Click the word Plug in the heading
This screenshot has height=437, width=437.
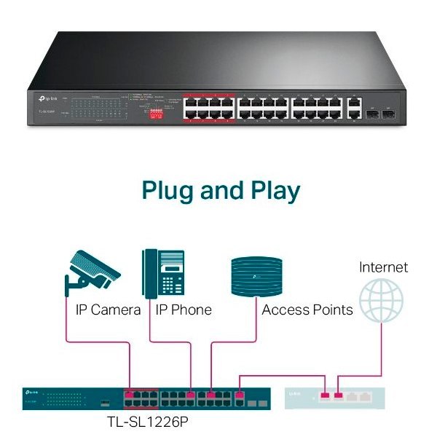169,191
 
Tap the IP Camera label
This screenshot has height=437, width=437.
108,310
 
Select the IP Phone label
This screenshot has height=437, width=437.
184,310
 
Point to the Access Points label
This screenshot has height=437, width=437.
307,310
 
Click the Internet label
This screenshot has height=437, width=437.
383,267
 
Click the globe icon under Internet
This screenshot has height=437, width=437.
382,301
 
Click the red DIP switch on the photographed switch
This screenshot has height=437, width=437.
155,114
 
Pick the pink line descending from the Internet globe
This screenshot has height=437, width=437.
382,350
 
